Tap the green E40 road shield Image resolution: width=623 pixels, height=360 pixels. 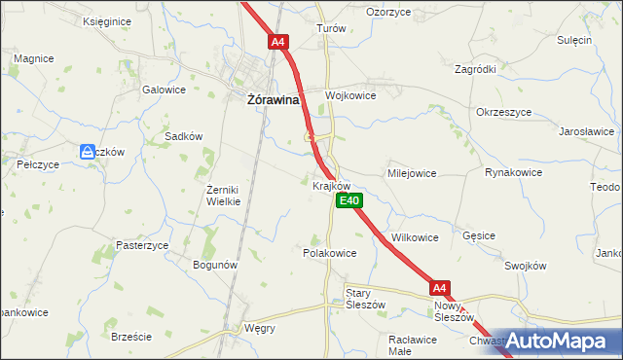coord(349,201)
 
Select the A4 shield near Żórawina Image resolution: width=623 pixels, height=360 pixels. coord(278,42)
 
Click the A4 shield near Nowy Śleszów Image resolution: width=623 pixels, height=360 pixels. coord(440,288)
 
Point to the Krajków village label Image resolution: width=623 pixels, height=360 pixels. coord(330,185)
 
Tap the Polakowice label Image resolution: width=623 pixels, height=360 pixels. coord(330,253)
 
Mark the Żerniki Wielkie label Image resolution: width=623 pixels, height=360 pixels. coord(230,196)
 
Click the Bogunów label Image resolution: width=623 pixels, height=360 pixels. coord(215,265)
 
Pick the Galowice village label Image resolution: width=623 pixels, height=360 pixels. coord(164,90)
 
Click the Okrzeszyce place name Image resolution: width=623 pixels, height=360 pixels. coord(503,112)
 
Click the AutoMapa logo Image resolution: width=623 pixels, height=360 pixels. coord(559,342)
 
